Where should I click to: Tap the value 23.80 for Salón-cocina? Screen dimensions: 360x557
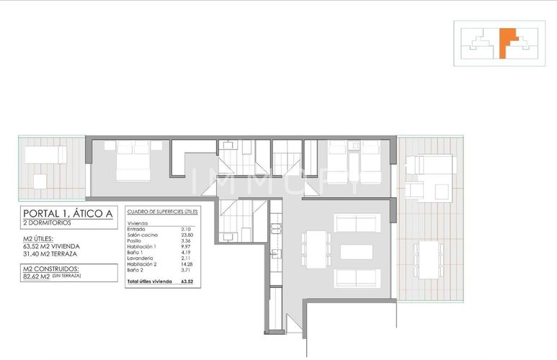[x=186, y=235]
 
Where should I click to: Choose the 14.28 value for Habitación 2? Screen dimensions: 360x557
[x=186, y=264]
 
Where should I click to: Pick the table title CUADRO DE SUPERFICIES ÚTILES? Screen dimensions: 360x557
[x=161, y=212]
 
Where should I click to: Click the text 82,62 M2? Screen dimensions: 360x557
[x=37, y=276]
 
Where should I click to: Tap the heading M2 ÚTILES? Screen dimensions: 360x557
[x=38, y=239]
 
